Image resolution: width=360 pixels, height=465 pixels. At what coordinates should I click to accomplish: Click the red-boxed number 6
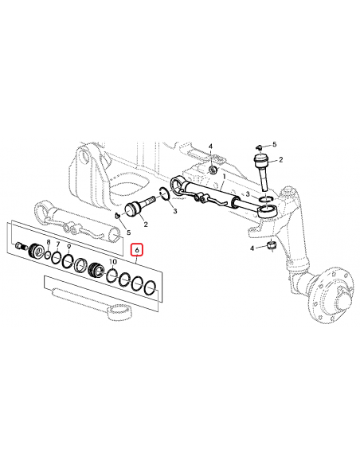[137, 250]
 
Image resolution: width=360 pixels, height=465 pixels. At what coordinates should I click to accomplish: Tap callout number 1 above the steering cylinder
[224, 176]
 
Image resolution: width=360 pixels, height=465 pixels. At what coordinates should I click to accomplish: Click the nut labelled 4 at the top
[213, 170]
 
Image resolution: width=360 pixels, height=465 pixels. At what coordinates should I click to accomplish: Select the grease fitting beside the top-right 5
[260, 147]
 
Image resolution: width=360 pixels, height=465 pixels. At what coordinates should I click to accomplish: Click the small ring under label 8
[49, 255]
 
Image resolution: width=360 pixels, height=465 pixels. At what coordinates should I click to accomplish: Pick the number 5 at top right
[275, 145]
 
